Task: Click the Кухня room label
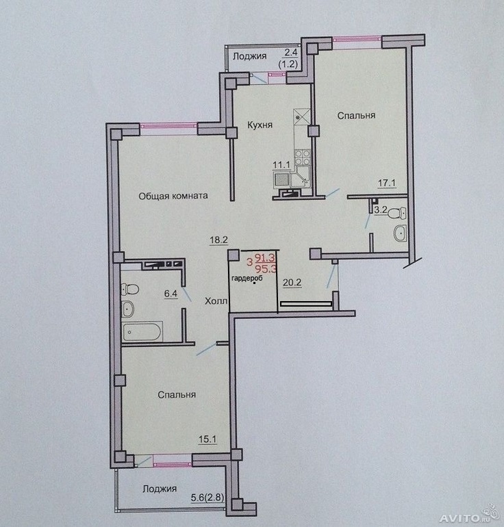(260, 125)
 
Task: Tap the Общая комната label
(173, 196)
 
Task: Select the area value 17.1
(387, 183)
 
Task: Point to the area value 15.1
(207, 439)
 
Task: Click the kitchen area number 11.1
(281, 165)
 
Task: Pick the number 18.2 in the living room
(219, 240)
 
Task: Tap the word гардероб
(247, 279)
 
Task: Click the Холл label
(216, 301)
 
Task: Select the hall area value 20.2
(292, 283)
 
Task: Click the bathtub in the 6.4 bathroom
(143, 331)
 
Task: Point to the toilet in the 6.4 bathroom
(131, 289)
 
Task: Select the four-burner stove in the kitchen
(302, 157)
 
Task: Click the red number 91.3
(265, 258)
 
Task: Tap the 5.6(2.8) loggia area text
(207, 498)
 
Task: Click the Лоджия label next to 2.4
(250, 56)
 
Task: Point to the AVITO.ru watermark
(469, 517)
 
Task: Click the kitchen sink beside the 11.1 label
(280, 179)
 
